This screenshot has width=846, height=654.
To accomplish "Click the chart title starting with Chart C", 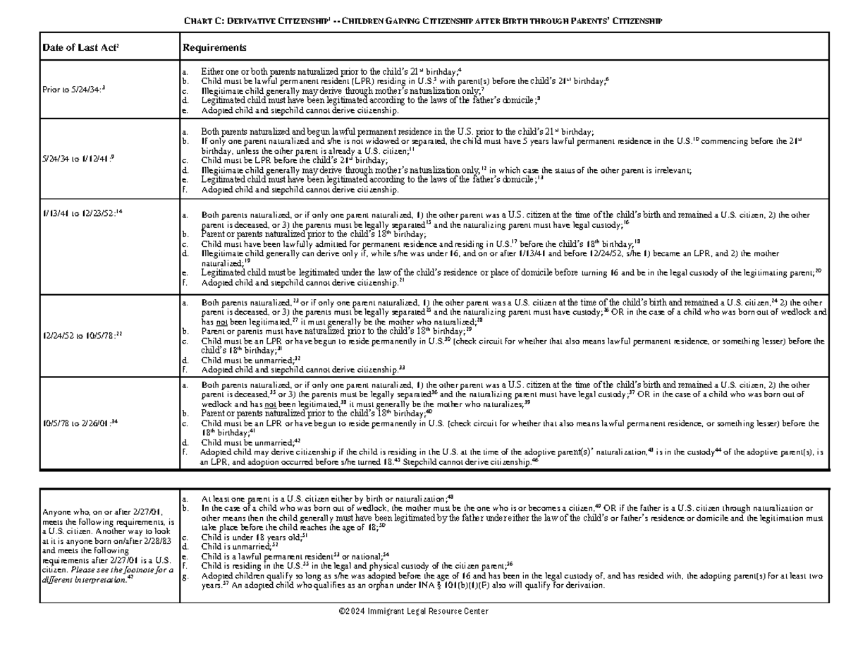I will pyautogui.click(x=423, y=21).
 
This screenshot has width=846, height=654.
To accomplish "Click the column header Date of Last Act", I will pyautogui.click(x=73, y=48).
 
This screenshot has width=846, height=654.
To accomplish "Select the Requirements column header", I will pyautogui.click(x=214, y=48).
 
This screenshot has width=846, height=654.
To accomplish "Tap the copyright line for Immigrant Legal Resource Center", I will pyautogui.click(x=413, y=611).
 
